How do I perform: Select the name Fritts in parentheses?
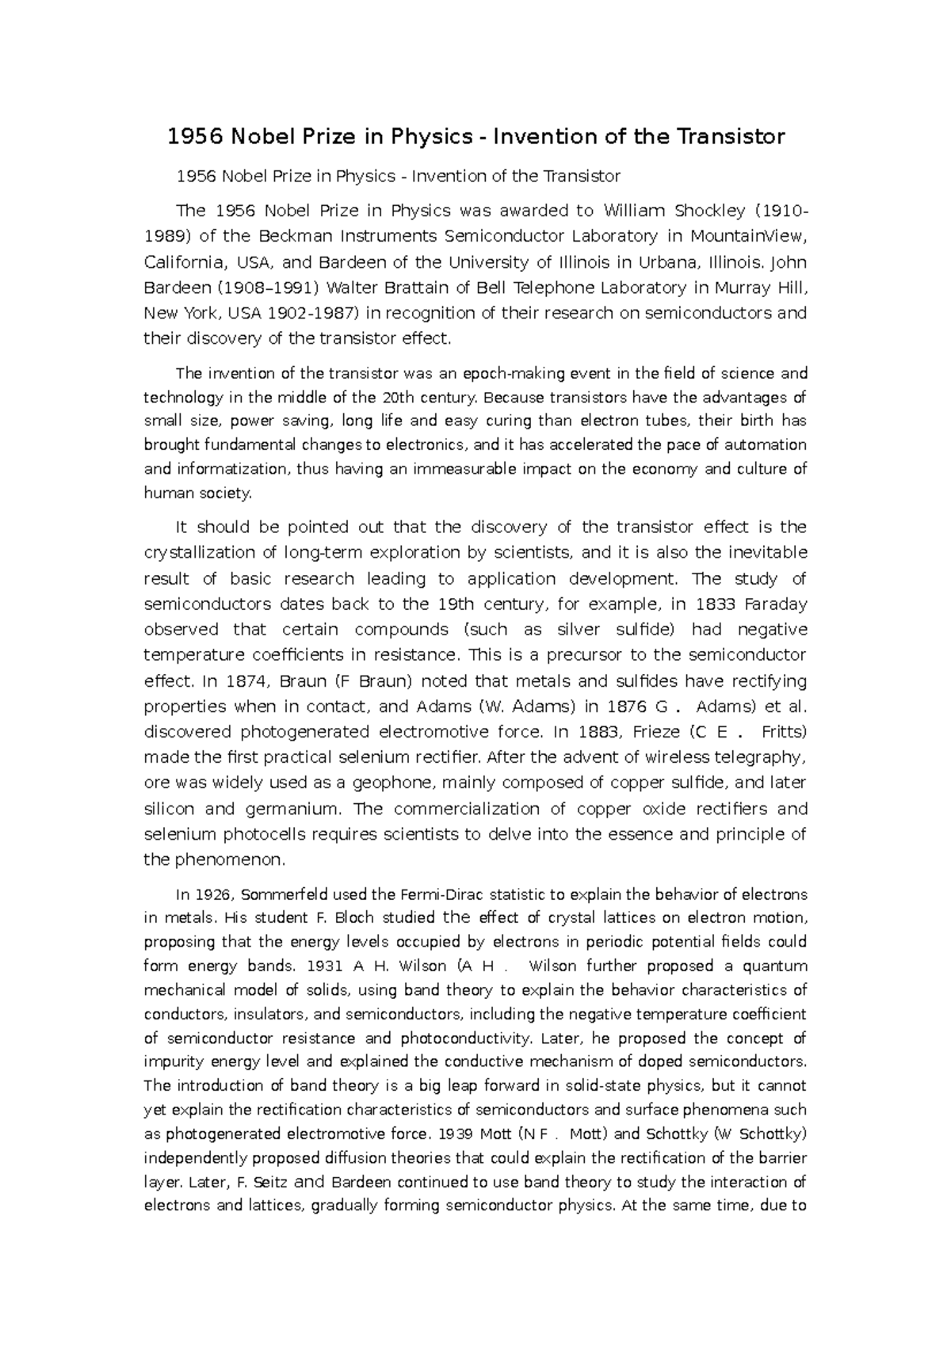(x=782, y=732)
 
